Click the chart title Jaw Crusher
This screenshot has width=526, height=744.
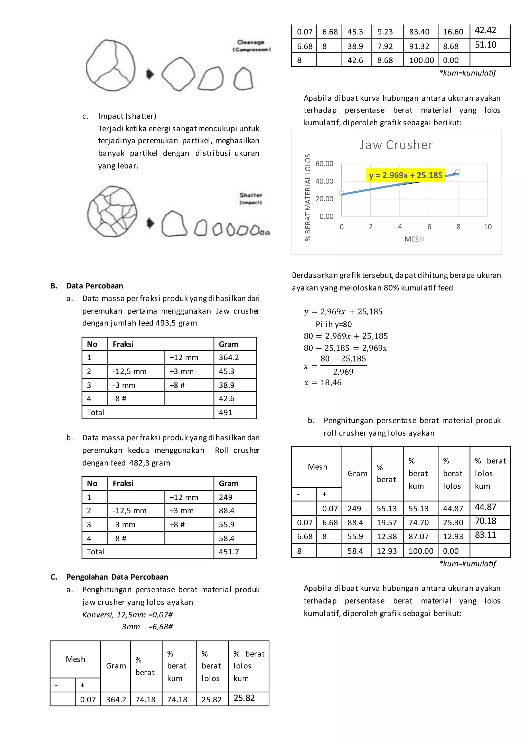click(396, 145)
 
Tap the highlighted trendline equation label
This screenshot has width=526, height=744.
click(406, 175)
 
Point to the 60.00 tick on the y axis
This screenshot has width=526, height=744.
click(324, 164)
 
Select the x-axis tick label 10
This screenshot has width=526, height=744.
click(487, 227)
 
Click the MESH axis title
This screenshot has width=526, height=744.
click(414, 239)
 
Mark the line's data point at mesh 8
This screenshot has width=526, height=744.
click(458, 171)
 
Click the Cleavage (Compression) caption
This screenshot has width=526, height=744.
click(251, 46)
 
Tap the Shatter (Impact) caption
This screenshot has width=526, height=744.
click(251, 198)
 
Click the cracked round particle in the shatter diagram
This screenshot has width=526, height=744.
click(112, 211)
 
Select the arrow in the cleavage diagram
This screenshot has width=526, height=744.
click(150, 74)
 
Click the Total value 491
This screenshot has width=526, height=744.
click(226, 413)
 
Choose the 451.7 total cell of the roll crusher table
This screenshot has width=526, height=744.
click(229, 552)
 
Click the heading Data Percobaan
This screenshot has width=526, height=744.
click(95, 286)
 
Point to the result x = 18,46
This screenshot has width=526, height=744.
click(323, 383)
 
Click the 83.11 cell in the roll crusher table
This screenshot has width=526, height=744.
click(485, 535)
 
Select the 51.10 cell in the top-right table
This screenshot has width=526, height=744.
click(485, 45)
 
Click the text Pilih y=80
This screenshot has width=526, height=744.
click(334, 324)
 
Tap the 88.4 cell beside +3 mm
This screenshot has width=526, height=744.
click(226, 511)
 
